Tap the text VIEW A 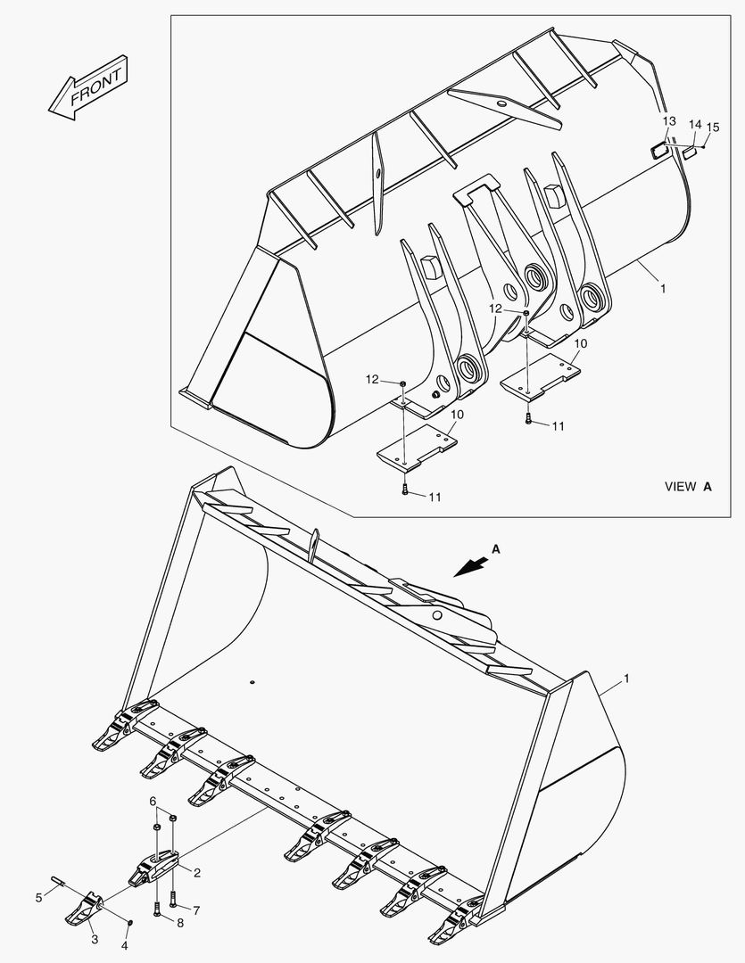688,487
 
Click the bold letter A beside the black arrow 496,550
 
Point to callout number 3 95,940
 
